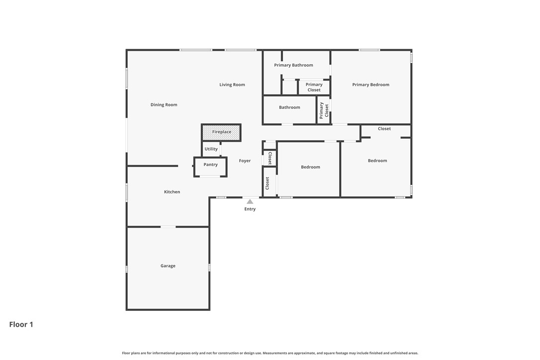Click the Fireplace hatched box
pos(221,132)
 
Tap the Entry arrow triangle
pos(250,201)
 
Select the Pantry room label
pos(210,165)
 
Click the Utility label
pos(211,149)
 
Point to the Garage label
pos(168,266)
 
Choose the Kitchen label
pos(172,192)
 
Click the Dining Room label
pos(164,105)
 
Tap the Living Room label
pos(232,85)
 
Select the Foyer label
pos(245,161)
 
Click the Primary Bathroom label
pos(293,65)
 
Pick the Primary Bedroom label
pos(370,85)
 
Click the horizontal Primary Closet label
pos(314,87)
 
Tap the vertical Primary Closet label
pos(324,110)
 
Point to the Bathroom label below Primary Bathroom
pos(289,107)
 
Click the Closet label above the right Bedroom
pos(384,129)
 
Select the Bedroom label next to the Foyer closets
pos(310,167)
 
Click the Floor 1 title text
pos(21,325)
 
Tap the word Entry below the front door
pos(250,209)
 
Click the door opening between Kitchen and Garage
pos(168,227)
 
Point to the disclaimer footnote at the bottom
pos(270,353)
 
